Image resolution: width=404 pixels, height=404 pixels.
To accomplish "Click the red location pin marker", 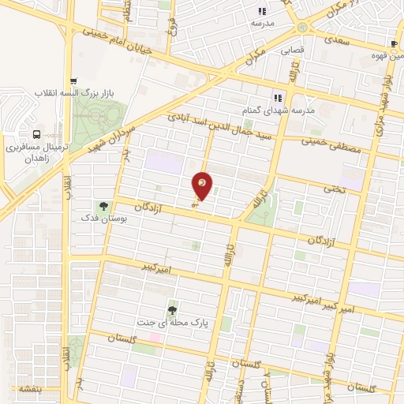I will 203,185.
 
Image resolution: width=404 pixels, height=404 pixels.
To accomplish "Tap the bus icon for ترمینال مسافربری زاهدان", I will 37,135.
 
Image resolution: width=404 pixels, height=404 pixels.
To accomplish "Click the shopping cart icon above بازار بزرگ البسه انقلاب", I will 73,81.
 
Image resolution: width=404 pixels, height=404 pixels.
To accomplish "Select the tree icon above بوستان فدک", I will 103,207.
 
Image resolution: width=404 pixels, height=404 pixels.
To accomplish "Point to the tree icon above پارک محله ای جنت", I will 172,310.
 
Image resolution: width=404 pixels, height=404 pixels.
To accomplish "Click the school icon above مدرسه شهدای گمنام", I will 277,98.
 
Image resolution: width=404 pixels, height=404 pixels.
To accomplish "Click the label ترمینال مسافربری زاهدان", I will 37,153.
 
